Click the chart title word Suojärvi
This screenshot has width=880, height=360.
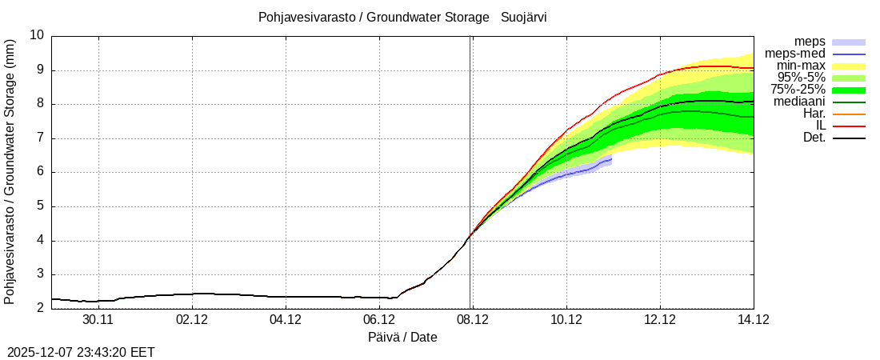524,17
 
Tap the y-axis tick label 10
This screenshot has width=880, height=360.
37,35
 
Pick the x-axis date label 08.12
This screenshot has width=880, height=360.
472,320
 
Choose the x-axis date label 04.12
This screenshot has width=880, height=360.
286,320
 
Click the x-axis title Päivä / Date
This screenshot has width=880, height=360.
402,337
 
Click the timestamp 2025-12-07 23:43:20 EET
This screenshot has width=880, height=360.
81,352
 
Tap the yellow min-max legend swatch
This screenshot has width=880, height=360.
849,66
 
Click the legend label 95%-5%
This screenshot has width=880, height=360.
801,78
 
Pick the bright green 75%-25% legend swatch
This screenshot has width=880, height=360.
849,90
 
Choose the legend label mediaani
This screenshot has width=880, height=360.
799,102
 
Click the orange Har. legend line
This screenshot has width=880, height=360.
849,114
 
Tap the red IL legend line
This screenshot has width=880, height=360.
849,126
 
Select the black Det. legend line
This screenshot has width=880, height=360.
849,138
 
